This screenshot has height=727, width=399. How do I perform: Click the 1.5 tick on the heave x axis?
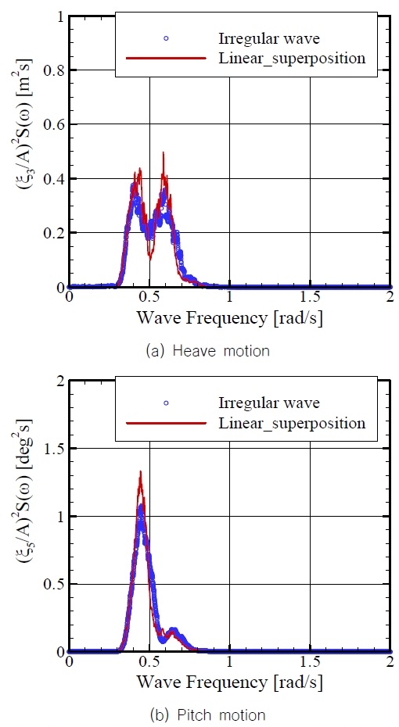[x=310, y=298]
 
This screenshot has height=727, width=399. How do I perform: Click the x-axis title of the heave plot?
[x=229, y=318]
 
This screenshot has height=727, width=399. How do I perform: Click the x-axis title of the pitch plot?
[x=229, y=682]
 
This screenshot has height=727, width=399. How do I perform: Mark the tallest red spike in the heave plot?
[x=163, y=153]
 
